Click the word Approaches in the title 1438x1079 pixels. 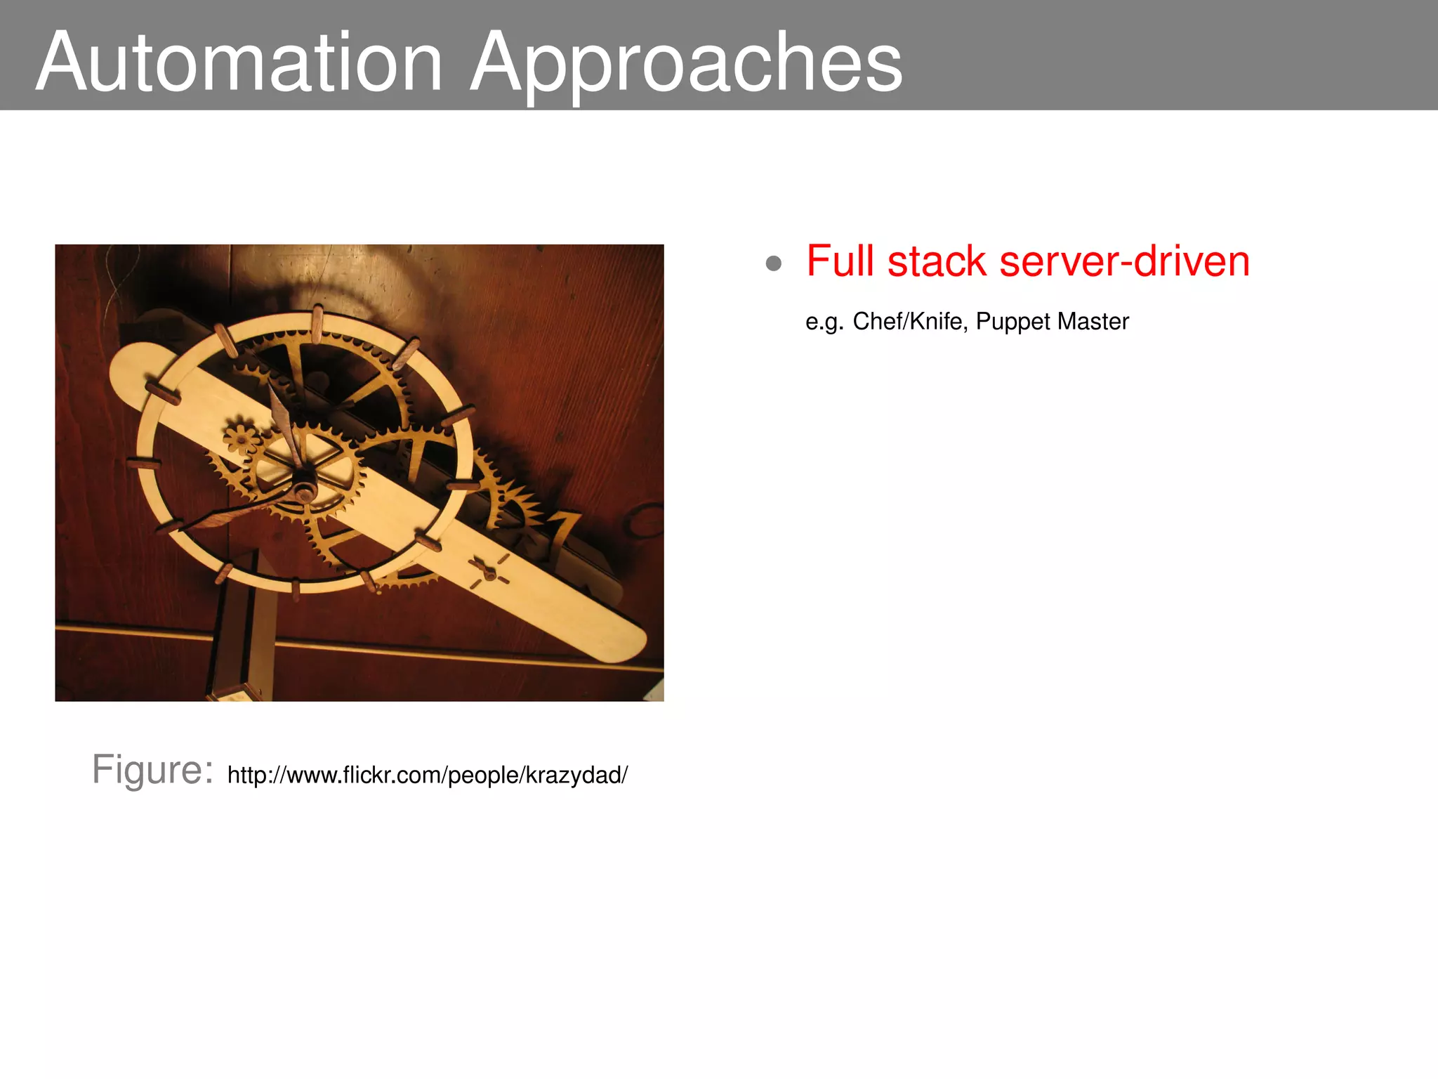pos(685,63)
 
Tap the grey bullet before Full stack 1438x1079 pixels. pos(773,263)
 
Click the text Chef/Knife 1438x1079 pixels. pos(906,322)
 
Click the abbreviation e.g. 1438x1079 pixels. pos(824,322)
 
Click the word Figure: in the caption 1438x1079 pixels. pos(152,769)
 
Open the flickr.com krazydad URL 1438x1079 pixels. pos(427,776)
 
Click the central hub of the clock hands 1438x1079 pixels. pos(304,490)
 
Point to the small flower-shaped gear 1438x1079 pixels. pos(241,440)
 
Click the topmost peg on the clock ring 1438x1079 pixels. pos(317,323)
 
